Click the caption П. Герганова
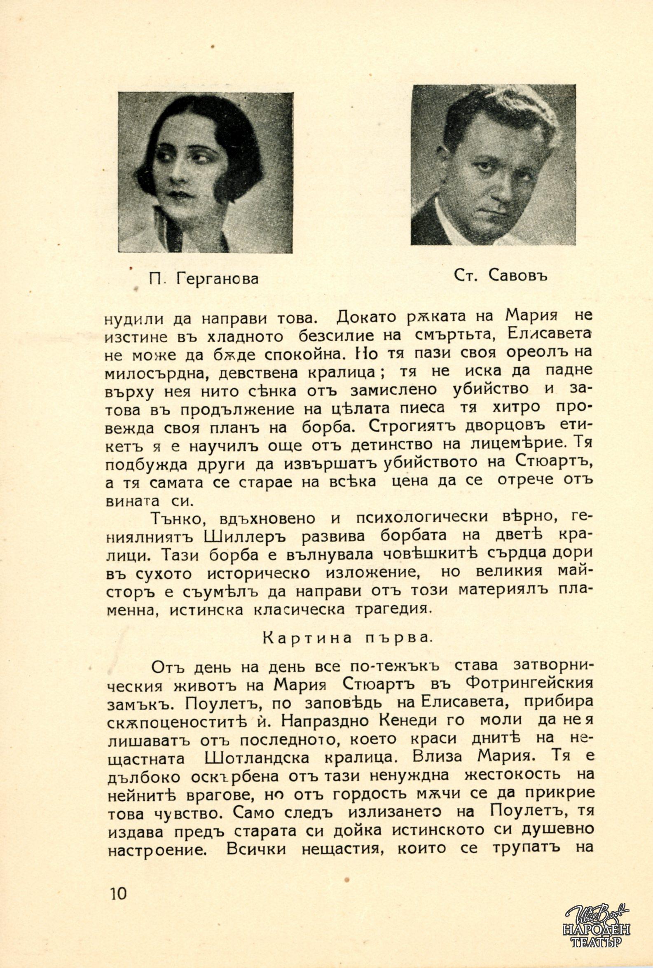pyautogui.click(x=204, y=278)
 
